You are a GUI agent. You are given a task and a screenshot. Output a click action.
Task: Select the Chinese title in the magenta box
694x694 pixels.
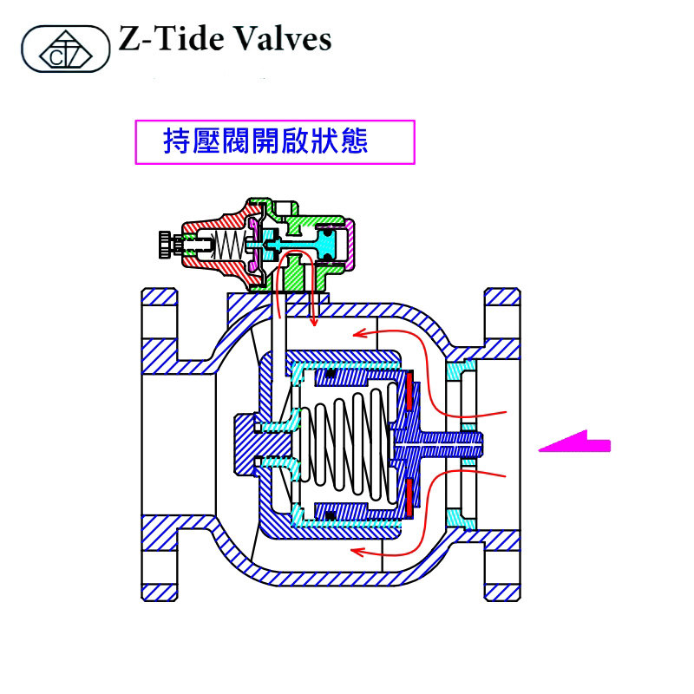tap(265, 141)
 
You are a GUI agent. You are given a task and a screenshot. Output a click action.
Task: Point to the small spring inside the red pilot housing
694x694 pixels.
tap(227, 245)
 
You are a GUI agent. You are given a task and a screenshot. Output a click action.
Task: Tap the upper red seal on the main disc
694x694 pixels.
tap(407, 391)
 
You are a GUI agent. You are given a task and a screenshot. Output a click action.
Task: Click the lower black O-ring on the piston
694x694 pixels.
tap(331, 515)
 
